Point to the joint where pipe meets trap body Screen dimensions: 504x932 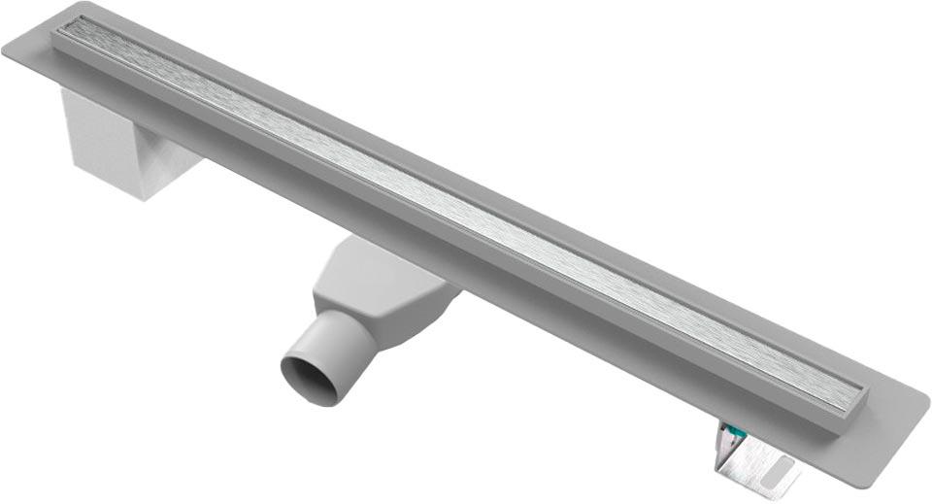click(363, 320)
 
